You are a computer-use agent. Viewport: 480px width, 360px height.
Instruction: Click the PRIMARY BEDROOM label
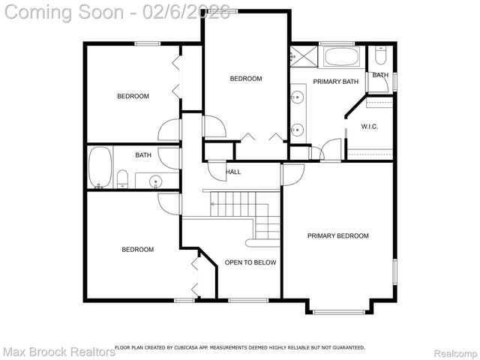[x=337, y=235]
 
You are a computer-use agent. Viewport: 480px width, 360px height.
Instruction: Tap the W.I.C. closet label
[x=369, y=127]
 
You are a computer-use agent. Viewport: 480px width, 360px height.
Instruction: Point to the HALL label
[x=233, y=172]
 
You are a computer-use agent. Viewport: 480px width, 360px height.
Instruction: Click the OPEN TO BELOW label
[x=250, y=262]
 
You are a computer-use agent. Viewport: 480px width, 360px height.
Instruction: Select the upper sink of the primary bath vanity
[x=298, y=97]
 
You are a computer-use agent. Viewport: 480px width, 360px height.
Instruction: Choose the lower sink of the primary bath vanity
[x=298, y=127]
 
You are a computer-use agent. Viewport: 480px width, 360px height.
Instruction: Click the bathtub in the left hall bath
[x=100, y=166]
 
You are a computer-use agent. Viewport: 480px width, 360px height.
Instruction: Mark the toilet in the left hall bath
[x=121, y=178]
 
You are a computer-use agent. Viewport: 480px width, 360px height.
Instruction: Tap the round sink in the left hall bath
[x=156, y=181]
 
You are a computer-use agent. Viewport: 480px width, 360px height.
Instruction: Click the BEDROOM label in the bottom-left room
[x=138, y=250]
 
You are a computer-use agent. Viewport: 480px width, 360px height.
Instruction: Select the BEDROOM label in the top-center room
[x=245, y=79]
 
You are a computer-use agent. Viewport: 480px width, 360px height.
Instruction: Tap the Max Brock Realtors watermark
[x=58, y=351]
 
